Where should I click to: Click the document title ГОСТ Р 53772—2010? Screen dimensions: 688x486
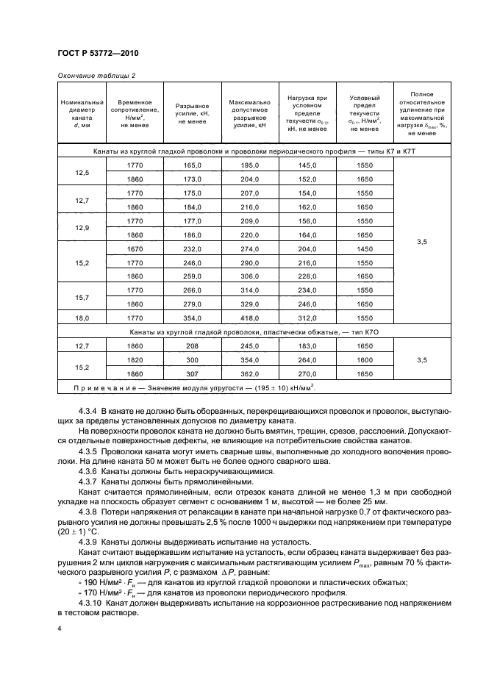click(x=97, y=55)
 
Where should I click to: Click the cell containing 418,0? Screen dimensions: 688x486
click(x=251, y=318)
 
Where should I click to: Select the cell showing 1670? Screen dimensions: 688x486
click(x=134, y=249)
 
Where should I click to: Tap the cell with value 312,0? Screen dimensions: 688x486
click(x=307, y=318)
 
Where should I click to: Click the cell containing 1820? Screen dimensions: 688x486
click(x=134, y=360)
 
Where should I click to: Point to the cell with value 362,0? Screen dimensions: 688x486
click(x=251, y=373)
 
